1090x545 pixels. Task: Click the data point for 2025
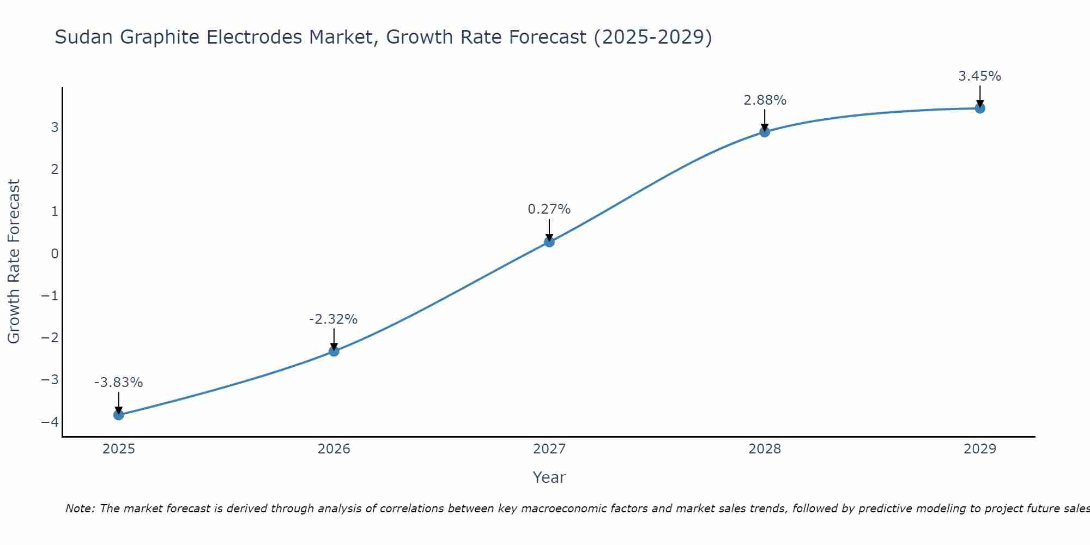click(x=119, y=415)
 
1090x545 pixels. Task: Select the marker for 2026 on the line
click(x=334, y=351)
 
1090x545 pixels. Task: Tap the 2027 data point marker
click(x=549, y=242)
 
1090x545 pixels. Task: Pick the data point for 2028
click(x=765, y=132)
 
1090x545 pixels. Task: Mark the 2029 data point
click(x=980, y=108)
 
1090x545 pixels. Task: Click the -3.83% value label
click(x=118, y=383)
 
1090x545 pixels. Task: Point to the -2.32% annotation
click(x=333, y=319)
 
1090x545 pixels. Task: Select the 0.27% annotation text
click(x=549, y=209)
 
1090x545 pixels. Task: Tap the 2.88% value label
click(x=765, y=100)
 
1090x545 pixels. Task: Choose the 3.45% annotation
click(x=979, y=76)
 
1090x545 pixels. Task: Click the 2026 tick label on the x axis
click(x=334, y=449)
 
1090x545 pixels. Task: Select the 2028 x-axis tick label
click(x=765, y=449)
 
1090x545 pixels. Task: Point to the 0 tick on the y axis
click(x=55, y=253)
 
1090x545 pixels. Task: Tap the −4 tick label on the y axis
click(x=50, y=422)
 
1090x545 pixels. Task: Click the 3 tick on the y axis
click(x=55, y=127)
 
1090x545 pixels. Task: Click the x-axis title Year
click(x=549, y=477)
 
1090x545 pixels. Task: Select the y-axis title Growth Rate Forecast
click(x=14, y=261)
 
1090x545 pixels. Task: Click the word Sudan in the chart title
click(x=84, y=37)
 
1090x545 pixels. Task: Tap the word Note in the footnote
click(x=80, y=508)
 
